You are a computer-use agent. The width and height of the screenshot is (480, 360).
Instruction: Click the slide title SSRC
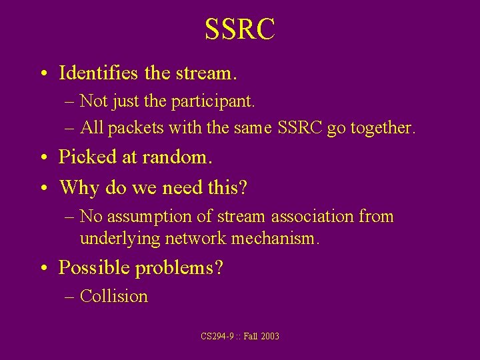239,30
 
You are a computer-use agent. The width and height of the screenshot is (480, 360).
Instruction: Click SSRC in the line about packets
295,128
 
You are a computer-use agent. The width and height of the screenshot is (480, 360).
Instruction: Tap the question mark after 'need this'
243,187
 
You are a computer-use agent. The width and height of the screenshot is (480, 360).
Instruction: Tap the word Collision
114,297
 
